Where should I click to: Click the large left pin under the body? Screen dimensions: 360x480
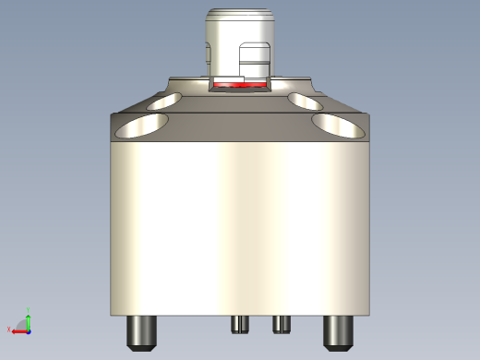point(140,330)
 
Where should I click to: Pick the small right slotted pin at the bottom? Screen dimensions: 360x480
point(281,323)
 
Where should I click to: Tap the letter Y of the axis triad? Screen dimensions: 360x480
point(29,310)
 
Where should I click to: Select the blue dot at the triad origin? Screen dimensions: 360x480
point(28,330)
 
